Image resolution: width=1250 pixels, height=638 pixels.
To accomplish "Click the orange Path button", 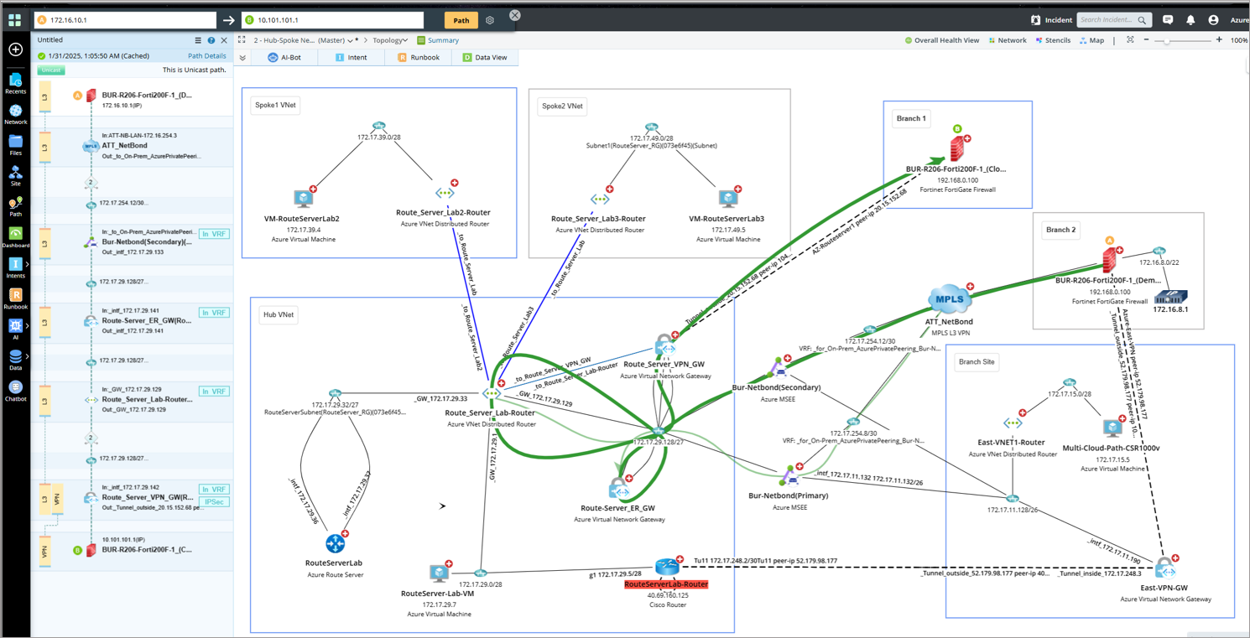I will [x=461, y=20].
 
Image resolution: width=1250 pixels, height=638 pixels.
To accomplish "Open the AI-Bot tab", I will [x=284, y=57].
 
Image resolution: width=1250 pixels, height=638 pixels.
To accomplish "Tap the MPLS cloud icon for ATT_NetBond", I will [x=949, y=298].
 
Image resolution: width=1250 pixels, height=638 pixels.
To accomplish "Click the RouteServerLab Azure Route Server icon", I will [x=335, y=543].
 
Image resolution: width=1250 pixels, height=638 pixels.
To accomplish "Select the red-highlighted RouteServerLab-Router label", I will [x=666, y=584].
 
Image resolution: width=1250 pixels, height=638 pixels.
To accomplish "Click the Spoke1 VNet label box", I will [x=276, y=106].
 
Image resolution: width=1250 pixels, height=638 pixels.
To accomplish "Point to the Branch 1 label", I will [x=911, y=118].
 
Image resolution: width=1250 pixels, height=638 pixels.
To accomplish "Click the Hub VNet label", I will [x=279, y=315].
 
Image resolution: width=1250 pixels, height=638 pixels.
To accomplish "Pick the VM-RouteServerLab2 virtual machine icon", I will [x=304, y=199].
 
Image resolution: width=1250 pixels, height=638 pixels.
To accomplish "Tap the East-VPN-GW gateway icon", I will [x=1164, y=570].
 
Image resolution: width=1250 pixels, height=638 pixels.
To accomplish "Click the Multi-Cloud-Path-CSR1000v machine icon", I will [x=1112, y=428].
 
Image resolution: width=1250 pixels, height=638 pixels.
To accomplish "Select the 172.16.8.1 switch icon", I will [x=1170, y=296].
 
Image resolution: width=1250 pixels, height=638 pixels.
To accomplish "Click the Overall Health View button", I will [x=942, y=40].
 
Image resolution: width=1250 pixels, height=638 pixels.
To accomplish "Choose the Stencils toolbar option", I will [x=1053, y=40].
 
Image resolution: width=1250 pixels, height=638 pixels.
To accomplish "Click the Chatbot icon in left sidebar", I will [x=15, y=391].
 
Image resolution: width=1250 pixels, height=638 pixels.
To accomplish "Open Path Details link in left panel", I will [x=206, y=56].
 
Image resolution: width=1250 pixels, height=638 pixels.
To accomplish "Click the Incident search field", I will [x=1107, y=20].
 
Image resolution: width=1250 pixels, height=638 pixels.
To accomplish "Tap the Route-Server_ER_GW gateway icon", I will [x=619, y=489].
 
